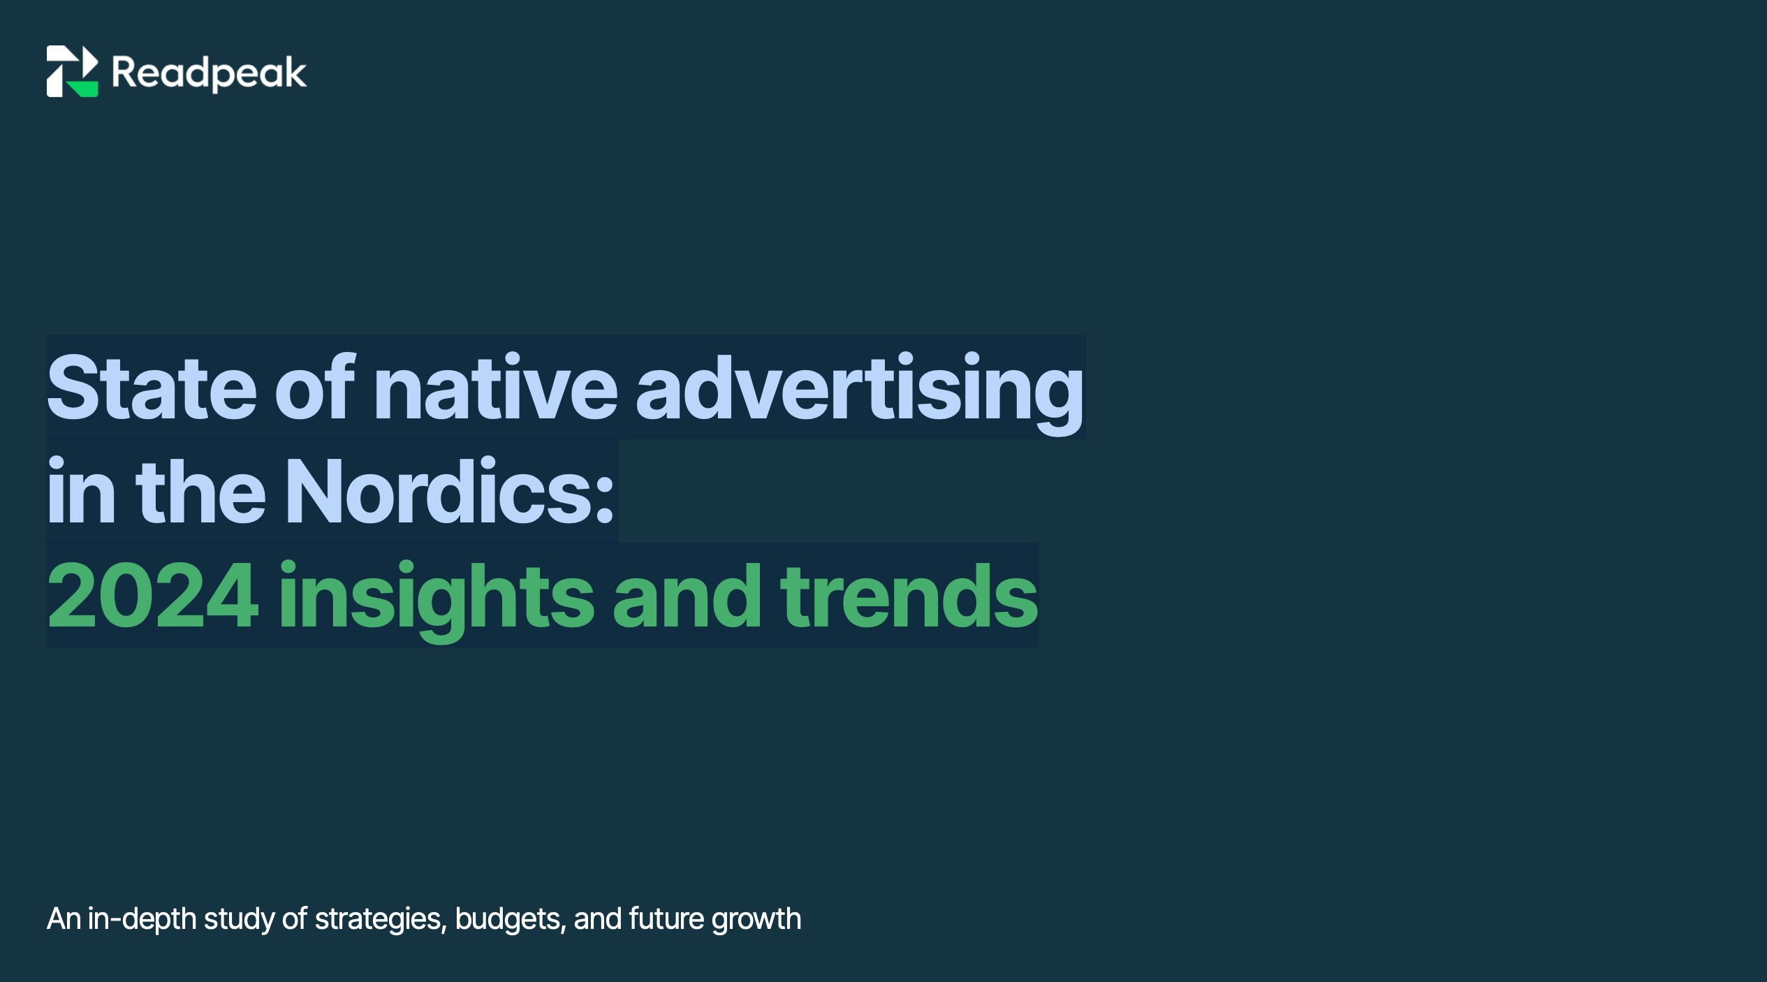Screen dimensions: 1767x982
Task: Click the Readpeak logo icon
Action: (x=72, y=71)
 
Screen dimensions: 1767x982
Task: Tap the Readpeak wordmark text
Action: (x=209, y=73)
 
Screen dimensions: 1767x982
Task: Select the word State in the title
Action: (x=152, y=387)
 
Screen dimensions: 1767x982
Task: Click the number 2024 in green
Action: (x=153, y=596)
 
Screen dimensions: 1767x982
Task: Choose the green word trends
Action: (x=909, y=596)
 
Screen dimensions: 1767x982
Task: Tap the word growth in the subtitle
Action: (x=756, y=919)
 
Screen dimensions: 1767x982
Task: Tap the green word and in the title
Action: (x=687, y=596)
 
